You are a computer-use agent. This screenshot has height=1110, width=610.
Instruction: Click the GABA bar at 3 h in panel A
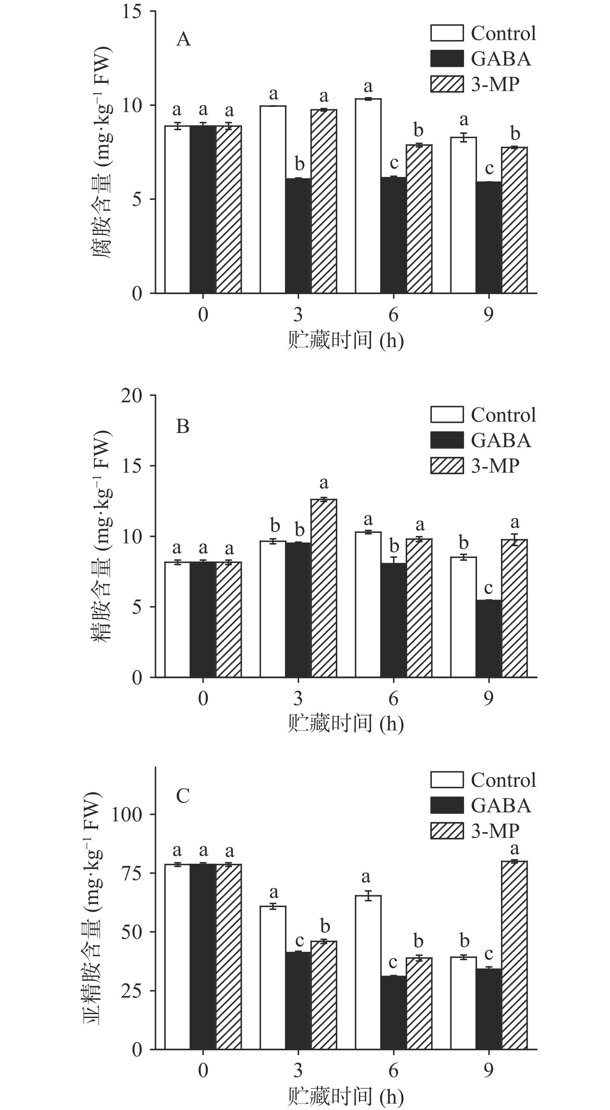[x=298, y=236]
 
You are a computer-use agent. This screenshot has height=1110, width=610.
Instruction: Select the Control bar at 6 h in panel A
[x=368, y=196]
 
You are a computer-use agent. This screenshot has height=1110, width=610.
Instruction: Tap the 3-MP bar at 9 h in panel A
[x=514, y=220]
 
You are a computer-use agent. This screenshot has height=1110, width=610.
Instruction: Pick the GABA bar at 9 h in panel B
[x=489, y=639]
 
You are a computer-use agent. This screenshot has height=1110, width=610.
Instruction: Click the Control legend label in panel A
[x=503, y=34]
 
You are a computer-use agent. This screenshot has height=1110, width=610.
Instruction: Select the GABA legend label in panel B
[x=501, y=440]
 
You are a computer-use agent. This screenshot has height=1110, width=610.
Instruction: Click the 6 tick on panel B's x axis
[x=393, y=698]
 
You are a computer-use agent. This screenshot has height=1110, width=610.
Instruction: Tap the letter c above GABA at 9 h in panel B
[x=489, y=588]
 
